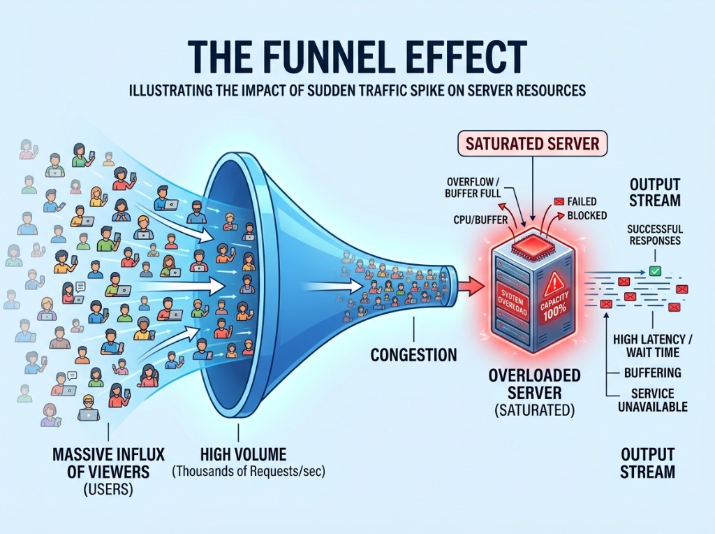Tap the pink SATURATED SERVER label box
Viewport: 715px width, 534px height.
coord(532,144)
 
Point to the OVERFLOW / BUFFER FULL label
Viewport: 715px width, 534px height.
coord(474,187)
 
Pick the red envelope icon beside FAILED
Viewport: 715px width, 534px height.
coord(559,201)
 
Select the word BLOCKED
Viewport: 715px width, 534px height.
coord(587,215)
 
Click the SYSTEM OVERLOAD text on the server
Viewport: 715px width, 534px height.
coord(513,301)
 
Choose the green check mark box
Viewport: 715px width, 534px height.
coord(655,270)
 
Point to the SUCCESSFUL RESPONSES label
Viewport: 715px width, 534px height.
coord(655,235)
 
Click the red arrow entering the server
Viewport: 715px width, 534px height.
coord(470,286)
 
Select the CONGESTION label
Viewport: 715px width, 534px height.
coord(413,354)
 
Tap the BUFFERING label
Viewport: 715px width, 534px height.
coord(653,373)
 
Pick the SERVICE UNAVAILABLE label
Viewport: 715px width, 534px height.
coord(653,400)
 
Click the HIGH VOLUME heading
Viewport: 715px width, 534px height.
coord(244,454)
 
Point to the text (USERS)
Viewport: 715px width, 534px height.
coord(108,490)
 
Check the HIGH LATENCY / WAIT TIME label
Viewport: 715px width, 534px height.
coord(653,346)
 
